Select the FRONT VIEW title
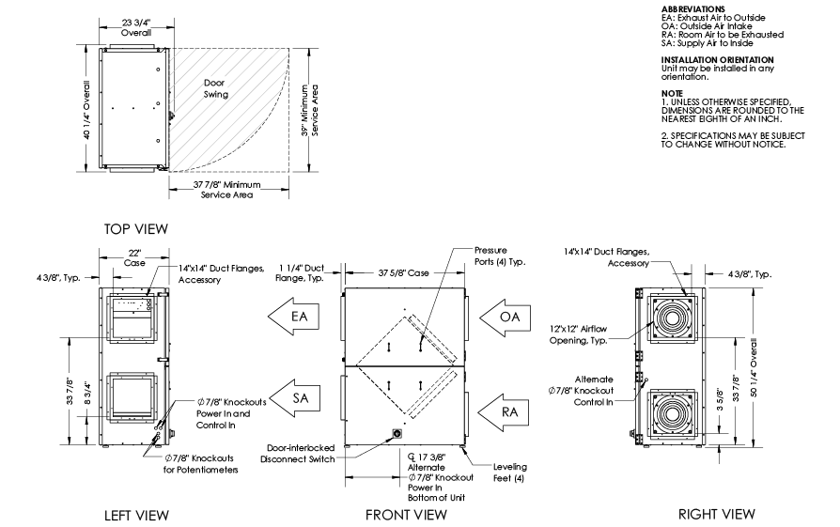[x=406, y=515]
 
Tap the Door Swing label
[x=218, y=87]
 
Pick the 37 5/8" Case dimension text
[x=405, y=272]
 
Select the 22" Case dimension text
[x=135, y=257]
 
